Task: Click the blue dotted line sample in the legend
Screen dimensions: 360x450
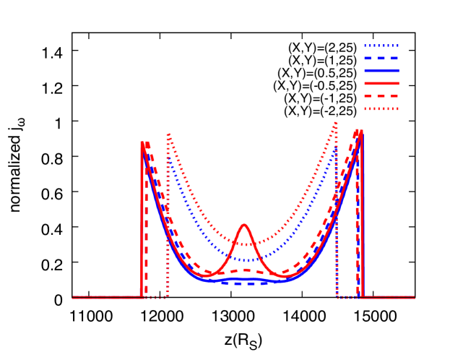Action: click(381, 46)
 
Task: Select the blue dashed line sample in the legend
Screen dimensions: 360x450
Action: click(381, 58)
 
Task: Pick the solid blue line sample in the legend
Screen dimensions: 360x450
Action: click(381, 71)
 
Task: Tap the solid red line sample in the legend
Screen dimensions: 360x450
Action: click(381, 83)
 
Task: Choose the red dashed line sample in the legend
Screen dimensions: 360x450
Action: click(381, 96)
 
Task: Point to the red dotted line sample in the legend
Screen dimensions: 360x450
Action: click(381, 109)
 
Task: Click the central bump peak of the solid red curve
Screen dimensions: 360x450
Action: click(244, 225)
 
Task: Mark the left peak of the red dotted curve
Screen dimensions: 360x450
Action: click(169, 134)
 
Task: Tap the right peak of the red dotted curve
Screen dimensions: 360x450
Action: click(336, 124)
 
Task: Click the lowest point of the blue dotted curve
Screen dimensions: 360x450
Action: click(248, 260)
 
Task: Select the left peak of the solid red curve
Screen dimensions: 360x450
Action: click(142, 143)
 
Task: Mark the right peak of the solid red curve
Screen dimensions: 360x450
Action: click(360, 131)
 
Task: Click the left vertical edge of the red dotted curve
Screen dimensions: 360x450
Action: click(168, 217)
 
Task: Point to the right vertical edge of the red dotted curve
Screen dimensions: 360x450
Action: click(337, 217)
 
